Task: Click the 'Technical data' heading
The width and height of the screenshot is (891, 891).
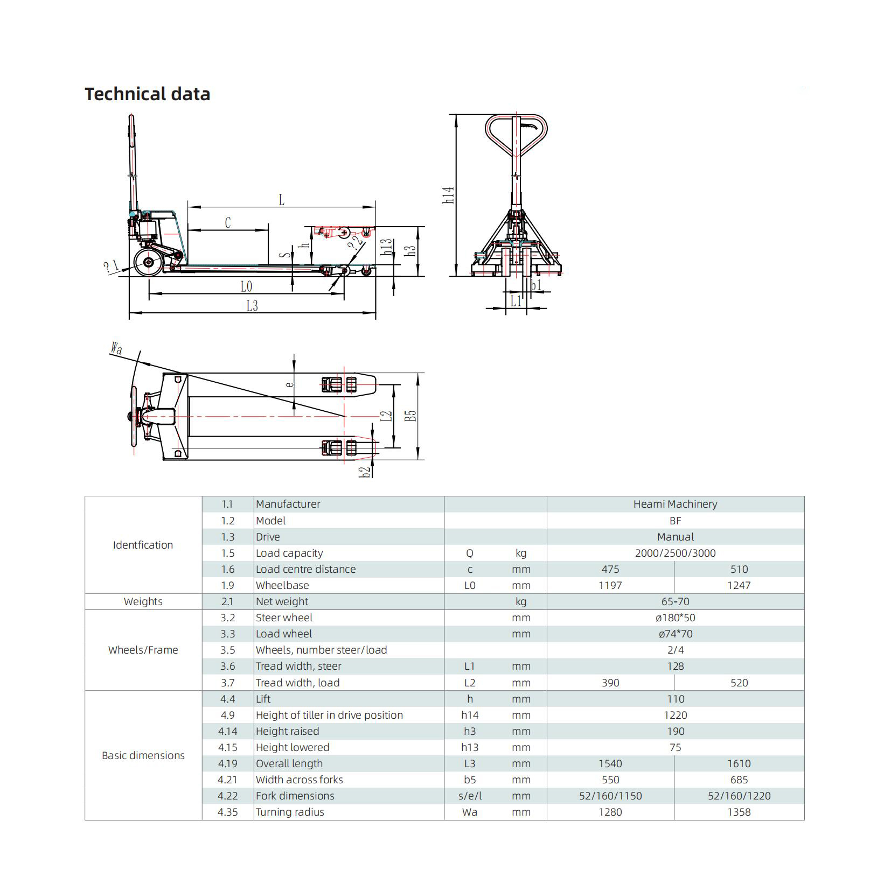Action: tap(147, 94)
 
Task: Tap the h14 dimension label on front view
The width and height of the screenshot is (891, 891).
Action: tap(449, 195)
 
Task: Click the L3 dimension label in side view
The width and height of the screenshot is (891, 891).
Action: tap(252, 306)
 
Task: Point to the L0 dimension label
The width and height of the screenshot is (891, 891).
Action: tap(246, 286)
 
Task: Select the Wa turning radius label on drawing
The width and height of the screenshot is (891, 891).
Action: tap(116, 348)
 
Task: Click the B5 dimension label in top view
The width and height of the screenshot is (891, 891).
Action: tap(411, 416)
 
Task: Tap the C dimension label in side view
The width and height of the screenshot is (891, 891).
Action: tap(228, 222)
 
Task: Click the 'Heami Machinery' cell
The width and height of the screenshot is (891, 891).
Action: tap(675, 504)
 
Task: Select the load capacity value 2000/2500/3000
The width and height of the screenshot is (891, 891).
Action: tap(675, 553)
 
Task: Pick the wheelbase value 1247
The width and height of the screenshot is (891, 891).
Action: tap(739, 585)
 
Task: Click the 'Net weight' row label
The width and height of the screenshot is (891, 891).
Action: tap(282, 601)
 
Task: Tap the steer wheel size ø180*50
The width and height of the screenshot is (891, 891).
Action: tap(675, 618)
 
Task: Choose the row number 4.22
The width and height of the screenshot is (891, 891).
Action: tap(227, 796)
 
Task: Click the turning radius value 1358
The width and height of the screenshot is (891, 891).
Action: tap(739, 812)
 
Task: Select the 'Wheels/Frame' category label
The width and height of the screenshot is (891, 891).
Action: tap(143, 650)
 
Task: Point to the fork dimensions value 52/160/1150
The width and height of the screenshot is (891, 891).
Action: tap(610, 796)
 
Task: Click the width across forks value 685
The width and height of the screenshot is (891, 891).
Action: tap(739, 780)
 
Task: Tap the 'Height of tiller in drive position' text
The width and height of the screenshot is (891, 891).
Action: tap(329, 715)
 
